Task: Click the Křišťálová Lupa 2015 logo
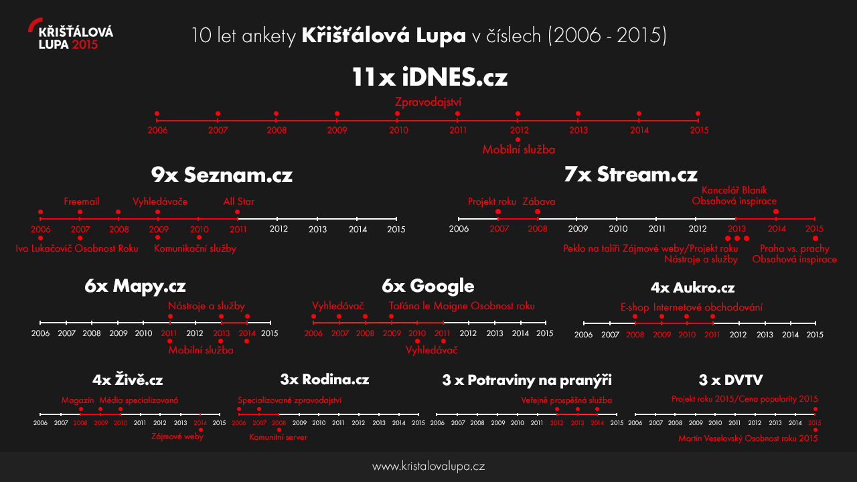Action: (x=71, y=37)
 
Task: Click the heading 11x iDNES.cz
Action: (x=429, y=78)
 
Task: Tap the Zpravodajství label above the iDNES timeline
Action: (x=428, y=102)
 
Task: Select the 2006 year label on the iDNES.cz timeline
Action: (x=157, y=131)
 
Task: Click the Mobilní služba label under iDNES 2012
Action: (x=518, y=150)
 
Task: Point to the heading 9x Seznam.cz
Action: (x=222, y=175)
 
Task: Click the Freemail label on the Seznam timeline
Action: (x=82, y=202)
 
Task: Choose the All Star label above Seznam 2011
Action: (x=238, y=202)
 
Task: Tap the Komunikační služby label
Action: (x=195, y=248)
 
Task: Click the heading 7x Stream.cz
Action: (x=631, y=175)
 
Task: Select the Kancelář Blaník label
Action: (x=734, y=190)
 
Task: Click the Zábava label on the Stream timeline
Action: (x=538, y=202)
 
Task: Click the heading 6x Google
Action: (x=428, y=287)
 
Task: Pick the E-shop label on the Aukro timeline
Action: (x=634, y=307)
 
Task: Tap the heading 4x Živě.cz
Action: (x=128, y=380)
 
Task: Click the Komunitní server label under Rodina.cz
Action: (x=278, y=438)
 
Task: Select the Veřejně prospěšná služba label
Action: (x=566, y=400)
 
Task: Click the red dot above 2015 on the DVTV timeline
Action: (x=815, y=409)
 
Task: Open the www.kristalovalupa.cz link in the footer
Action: (x=428, y=467)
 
